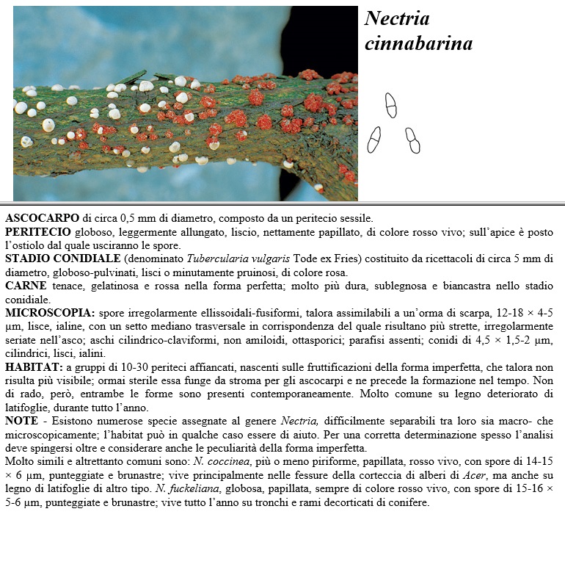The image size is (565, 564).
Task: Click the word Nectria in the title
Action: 397,18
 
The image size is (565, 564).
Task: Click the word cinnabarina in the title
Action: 418,44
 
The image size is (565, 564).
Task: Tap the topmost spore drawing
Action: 391,105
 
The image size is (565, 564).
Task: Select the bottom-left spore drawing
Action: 374,139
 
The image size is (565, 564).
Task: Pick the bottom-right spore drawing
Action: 413,140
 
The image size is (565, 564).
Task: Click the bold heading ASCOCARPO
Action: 43,219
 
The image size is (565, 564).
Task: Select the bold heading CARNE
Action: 26,285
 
